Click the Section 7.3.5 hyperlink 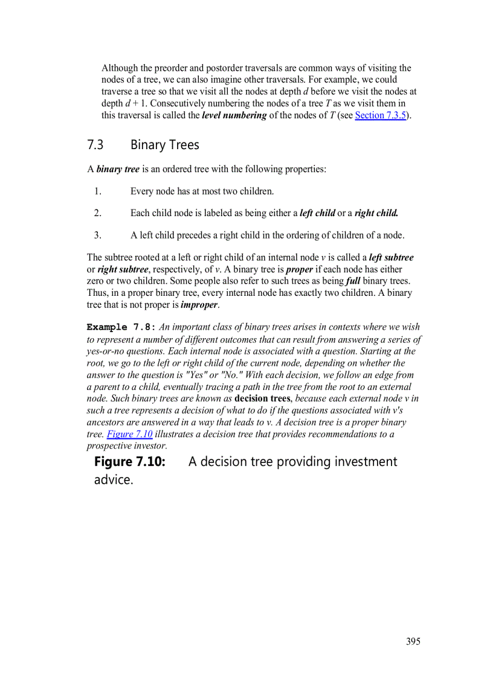379,115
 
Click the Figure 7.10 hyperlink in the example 129,434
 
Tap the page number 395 413,641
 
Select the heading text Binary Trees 164,145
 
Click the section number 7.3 95,145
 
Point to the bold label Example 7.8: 121,327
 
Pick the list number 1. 97,191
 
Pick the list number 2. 97,213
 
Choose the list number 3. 97,235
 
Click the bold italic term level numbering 234,115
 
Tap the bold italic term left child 317,213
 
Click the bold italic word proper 299,269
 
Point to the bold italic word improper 199,305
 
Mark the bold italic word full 353,281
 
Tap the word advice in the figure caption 112,481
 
